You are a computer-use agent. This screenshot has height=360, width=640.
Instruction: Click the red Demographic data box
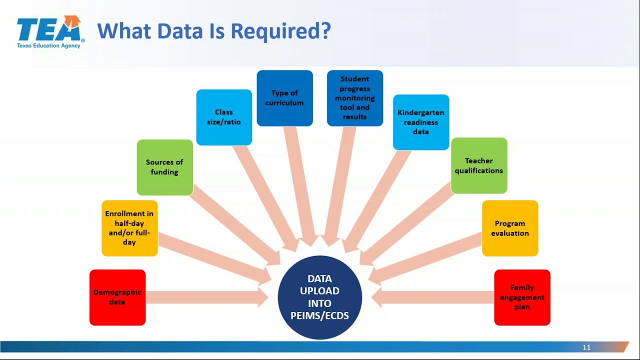click(117, 297)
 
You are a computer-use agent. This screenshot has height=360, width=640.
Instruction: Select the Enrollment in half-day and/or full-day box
click(129, 228)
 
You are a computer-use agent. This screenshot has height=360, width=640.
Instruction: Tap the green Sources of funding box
click(164, 167)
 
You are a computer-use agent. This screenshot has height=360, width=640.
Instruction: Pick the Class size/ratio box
click(224, 117)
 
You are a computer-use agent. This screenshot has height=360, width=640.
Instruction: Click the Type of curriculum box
click(284, 98)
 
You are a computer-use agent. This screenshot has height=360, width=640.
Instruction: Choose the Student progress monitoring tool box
click(355, 98)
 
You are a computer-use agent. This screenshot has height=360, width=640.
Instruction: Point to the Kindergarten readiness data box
click(421, 122)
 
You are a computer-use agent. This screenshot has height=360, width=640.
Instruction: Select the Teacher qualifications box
click(479, 165)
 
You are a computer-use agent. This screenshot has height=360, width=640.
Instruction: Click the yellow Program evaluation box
click(510, 228)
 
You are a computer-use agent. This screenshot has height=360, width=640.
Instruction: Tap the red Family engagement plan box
click(522, 297)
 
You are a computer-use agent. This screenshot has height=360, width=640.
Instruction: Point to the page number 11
click(586, 347)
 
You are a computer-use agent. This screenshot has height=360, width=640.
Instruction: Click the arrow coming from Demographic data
click(205, 297)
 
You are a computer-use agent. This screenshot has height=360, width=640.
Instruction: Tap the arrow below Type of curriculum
click(300, 185)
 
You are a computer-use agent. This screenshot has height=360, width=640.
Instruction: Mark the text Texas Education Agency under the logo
click(48, 45)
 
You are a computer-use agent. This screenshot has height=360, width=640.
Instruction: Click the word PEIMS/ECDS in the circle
click(320, 315)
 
